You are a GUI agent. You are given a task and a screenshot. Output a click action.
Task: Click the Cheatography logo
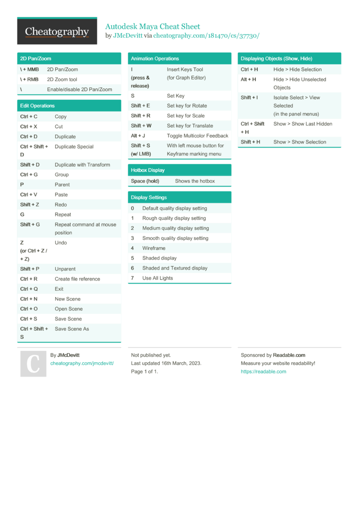[x=57, y=32]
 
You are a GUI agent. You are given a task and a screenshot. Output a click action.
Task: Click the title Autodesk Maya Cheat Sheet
[x=153, y=26]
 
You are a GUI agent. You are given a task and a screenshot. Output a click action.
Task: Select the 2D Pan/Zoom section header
[x=36, y=59]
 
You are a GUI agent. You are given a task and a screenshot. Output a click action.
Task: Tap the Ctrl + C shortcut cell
[x=29, y=117]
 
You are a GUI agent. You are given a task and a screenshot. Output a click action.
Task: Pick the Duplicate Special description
[x=74, y=147]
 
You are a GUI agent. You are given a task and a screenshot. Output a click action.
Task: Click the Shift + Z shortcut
[x=30, y=205]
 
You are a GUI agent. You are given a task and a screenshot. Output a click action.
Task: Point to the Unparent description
[x=65, y=269]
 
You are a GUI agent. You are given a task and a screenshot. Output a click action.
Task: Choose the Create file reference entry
[x=77, y=279]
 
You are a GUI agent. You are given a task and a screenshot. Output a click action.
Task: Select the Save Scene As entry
[x=72, y=329]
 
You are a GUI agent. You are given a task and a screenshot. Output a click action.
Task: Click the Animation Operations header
[x=155, y=59]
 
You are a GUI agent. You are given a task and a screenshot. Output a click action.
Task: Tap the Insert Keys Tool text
[x=185, y=70]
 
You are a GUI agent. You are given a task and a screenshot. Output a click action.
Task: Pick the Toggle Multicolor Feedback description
[x=197, y=136]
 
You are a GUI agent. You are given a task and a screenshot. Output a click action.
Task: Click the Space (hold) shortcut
[x=145, y=181]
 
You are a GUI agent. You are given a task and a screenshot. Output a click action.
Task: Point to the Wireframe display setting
[x=154, y=249]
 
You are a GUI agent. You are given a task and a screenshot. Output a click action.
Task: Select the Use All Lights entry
[x=157, y=278]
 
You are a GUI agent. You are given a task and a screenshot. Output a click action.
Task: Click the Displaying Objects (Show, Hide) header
[x=276, y=59]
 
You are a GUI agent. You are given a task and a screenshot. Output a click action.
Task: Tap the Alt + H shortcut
[x=248, y=80]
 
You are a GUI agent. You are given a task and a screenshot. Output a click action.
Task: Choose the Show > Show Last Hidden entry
[x=303, y=124]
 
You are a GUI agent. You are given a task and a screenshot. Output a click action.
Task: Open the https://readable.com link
[x=263, y=372]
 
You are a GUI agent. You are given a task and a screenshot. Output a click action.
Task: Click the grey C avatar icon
[x=33, y=363]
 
